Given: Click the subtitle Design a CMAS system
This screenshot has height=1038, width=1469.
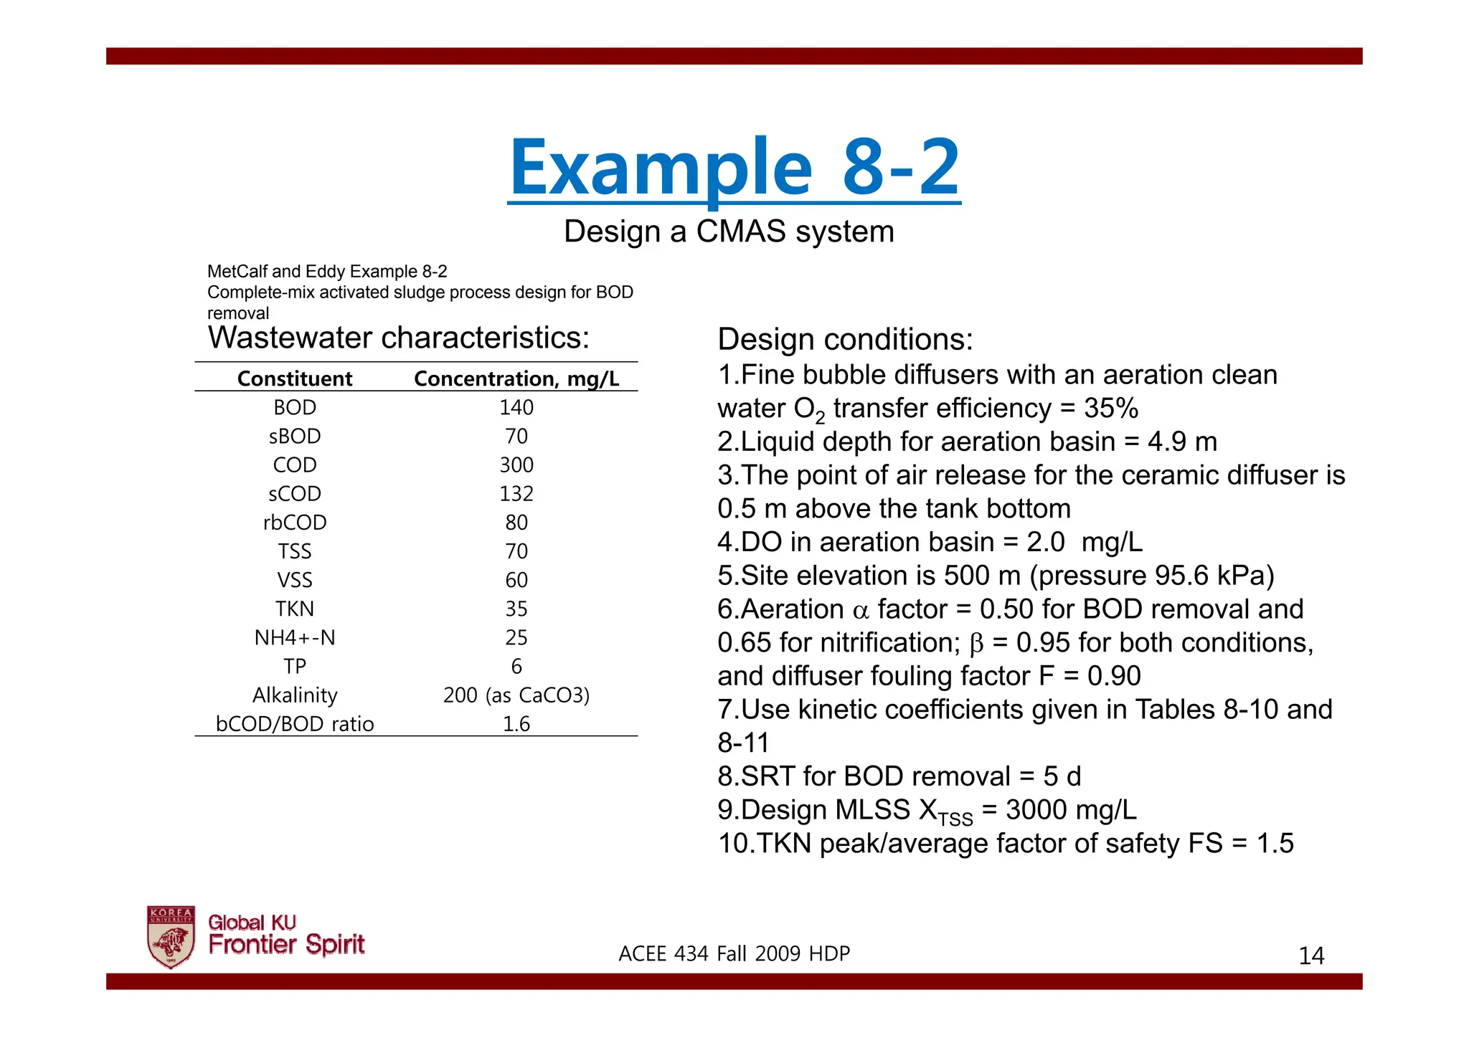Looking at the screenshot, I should tap(729, 232).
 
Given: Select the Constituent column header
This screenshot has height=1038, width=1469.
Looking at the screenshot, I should tap(294, 378).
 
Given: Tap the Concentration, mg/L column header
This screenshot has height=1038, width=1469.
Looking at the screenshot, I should tap(516, 378).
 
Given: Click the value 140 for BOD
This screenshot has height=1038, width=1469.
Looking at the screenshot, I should tap(516, 407).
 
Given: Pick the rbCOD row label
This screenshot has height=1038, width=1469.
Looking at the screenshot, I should tap(294, 523).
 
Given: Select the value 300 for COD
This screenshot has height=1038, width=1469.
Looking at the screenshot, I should tap(516, 465).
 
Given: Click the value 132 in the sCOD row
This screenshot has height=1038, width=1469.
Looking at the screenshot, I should tap(516, 494).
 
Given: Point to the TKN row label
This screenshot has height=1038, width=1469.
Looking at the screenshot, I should tap(294, 609).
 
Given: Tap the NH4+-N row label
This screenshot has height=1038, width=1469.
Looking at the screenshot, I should tap(294, 637).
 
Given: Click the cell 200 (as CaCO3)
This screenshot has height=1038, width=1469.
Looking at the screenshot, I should tap(516, 695).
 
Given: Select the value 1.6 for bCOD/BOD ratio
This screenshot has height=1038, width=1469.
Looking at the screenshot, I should tap(516, 724).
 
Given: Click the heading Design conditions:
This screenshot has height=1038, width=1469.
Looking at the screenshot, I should tap(845, 339).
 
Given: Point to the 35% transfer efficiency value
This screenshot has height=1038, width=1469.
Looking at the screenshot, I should tap(1111, 408).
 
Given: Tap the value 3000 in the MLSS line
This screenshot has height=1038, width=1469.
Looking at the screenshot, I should tap(1036, 810).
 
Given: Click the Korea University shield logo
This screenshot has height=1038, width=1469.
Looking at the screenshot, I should tap(171, 936).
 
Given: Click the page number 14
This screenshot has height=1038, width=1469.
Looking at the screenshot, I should tap(1311, 956).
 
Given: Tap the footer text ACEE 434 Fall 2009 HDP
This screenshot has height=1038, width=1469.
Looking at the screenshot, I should tap(734, 953).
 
